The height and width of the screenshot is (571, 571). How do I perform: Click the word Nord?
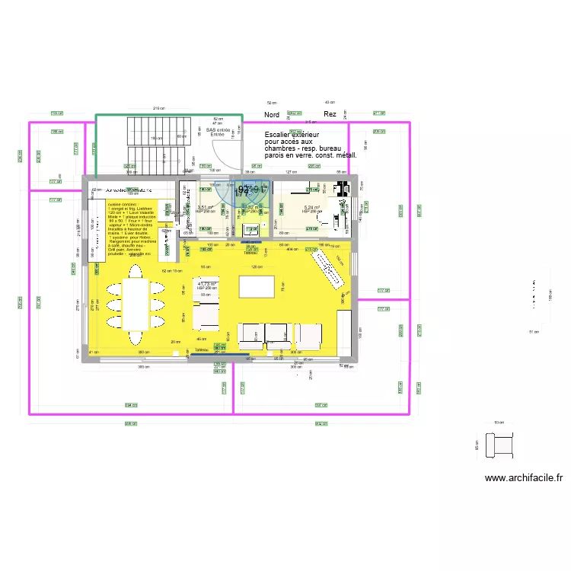pos(272,115)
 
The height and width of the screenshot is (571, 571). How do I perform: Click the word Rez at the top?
pos(330,114)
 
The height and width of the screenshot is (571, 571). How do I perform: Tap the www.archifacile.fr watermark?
pos(524,478)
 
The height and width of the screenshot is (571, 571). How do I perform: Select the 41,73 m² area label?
pos(207,285)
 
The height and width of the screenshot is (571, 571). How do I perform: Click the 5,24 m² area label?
pos(313,207)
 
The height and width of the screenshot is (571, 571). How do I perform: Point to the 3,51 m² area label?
pos(205,207)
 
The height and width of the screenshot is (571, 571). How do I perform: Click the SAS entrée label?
pos(218,130)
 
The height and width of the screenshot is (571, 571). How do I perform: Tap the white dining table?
pos(136,303)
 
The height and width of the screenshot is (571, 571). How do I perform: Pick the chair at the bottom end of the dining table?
pos(136,337)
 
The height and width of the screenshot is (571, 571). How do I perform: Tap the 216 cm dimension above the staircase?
pos(158,109)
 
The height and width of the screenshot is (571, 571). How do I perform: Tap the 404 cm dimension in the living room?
pos(292,249)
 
